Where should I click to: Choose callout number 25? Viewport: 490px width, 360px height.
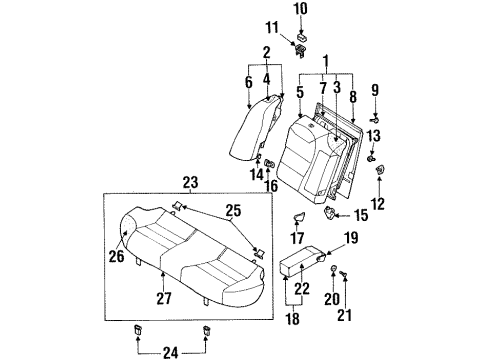coord(234,212)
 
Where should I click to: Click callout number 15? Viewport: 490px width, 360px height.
coord(361,214)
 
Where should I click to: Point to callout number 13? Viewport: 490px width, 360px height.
coord(374,136)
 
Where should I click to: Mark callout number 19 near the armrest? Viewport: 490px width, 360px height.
coord(352,237)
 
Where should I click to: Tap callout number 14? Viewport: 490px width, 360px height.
coord(256,175)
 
